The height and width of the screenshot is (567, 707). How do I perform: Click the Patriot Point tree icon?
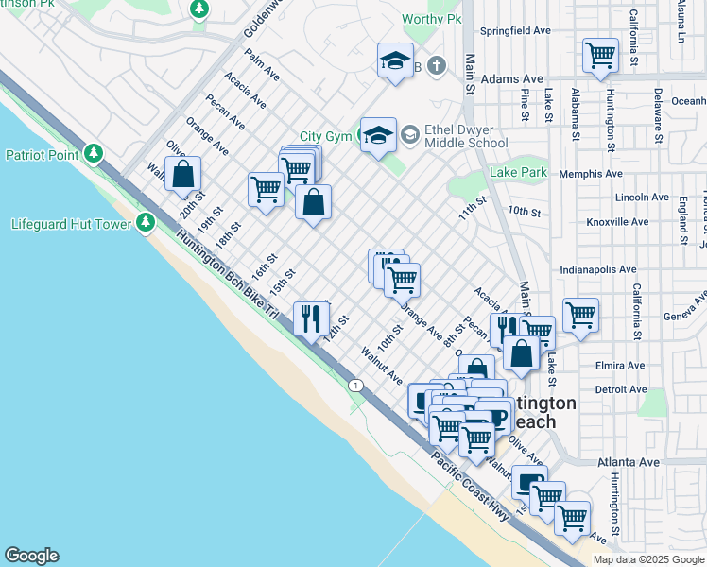point(94,153)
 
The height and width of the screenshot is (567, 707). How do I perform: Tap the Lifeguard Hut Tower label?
point(70,224)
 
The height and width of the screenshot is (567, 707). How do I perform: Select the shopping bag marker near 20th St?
point(182,175)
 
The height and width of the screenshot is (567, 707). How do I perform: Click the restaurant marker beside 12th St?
point(311,319)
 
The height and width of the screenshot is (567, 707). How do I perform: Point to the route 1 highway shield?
point(355,385)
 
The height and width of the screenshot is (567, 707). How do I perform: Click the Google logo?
point(31,556)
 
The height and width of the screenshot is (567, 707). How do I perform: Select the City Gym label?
point(325,136)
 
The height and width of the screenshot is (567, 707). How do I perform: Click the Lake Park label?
point(518,173)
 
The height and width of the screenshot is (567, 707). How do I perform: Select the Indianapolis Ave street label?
point(597,269)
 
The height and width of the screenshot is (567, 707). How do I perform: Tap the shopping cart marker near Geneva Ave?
point(579,316)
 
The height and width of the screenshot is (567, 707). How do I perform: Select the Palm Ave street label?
point(262,64)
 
